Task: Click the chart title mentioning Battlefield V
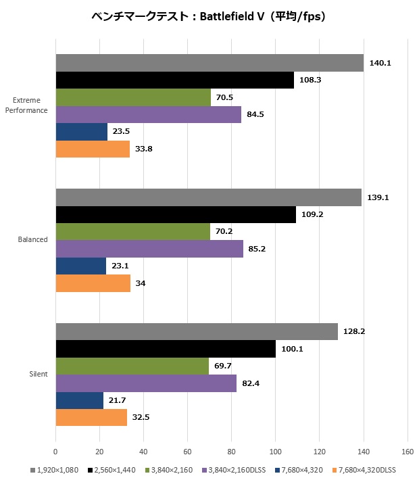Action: click(209, 17)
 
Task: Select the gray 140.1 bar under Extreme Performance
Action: click(209, 63)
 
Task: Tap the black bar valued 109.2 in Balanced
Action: click(175, 215)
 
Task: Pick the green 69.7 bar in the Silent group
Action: click(132, 366)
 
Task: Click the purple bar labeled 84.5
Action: click(148, 114)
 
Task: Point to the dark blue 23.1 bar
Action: click(80, 266)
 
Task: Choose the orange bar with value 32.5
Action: click(91, 418)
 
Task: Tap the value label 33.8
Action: click(143, 149)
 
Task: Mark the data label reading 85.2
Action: click(257, 249)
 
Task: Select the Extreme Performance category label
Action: click(26, 106)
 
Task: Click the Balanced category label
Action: click(33, 239)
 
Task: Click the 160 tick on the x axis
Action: click(408, 450)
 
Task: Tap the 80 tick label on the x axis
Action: click(231, 450)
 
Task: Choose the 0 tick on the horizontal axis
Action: click(55, 450)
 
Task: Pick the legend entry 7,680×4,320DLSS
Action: click(365, 469)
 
